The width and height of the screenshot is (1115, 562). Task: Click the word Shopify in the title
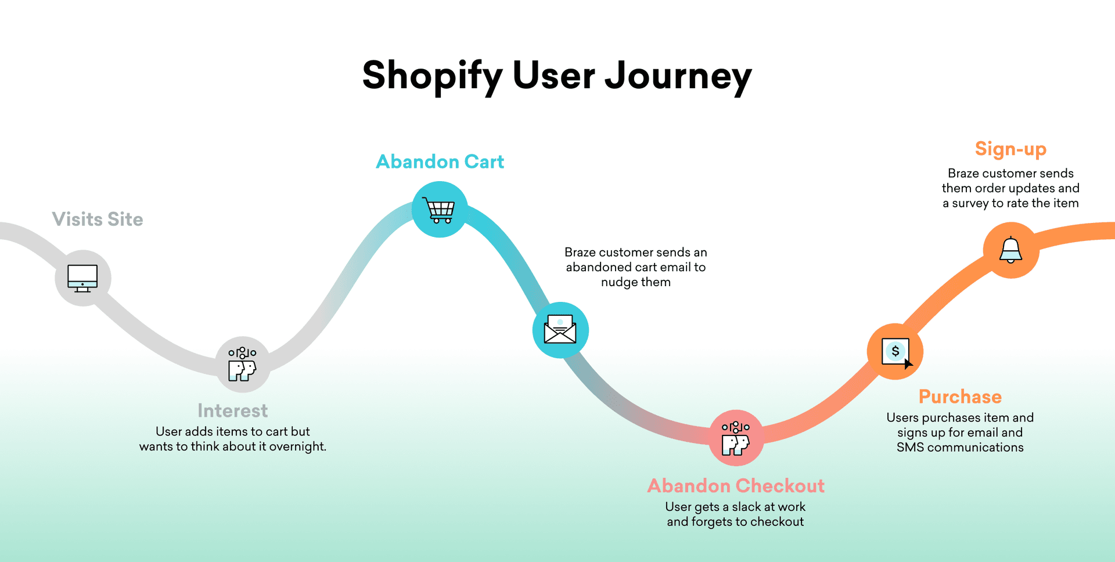pos(433,76)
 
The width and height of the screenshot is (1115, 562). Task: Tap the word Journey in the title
pos(678,76)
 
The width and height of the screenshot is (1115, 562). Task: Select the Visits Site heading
pos(98,219)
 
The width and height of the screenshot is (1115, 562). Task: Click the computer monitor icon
pos(82,278)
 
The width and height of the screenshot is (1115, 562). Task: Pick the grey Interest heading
pos(233,410)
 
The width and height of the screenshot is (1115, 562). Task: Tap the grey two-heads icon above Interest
pos(242,364)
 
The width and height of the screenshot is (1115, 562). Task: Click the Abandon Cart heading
pos(440,161)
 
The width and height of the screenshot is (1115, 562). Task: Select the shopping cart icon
pos(439,210)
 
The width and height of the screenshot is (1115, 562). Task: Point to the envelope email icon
pos(560,329)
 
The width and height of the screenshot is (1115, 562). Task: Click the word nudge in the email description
pos(619,282)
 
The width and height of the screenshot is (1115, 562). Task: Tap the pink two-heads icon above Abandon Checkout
pos(736,438)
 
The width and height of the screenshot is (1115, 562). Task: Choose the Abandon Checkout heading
pos(736,485)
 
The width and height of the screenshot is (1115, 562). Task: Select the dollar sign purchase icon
pos(897,352)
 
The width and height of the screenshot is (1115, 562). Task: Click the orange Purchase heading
pos(960,397)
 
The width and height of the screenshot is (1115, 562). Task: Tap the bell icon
pos(1010,250)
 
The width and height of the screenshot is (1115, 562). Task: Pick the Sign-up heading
pos(1010,150)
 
